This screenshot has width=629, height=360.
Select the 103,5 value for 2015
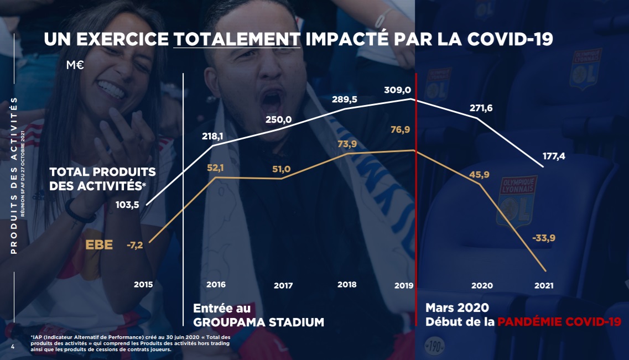pyautogui.click(x=127, y=205)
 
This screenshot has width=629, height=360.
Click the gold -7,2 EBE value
pyautogui.click(x=134, y=245)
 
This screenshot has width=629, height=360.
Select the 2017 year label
pyautogui.click(x=283, y=286)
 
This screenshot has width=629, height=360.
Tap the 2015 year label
pyautogui.click(x=143, y=284)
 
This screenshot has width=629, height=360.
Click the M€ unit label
pyautogui.click(x=75, y=65)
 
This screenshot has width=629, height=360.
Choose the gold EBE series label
pyautogui.click(x=99, y=244)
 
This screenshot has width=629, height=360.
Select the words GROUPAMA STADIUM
pyautogui.click(x=258, y=322)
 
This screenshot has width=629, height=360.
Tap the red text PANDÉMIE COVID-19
pyautogui.click(x=559, y=322)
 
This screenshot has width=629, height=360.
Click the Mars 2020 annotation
pyautogui.click(x=457, y=308)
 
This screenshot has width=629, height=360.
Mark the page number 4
pyautogui.click(x=13, y=347)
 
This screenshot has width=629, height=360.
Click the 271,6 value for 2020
pyautogui.click(x=480, y=108)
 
